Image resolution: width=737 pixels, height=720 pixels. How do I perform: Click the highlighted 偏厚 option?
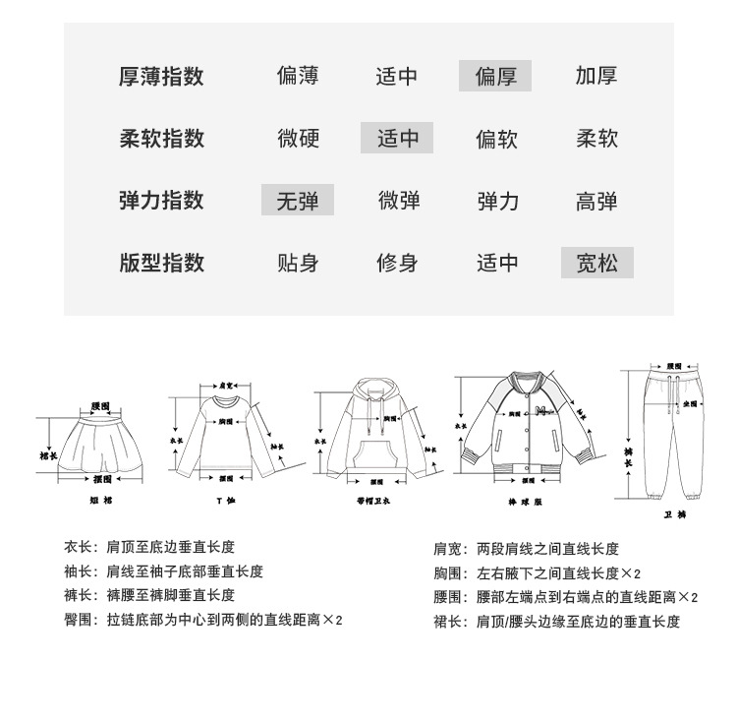coord(495,76)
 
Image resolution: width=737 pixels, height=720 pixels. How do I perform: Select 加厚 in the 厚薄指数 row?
coord(596,76)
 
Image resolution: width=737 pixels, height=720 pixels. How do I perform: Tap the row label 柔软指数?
coord(162,138)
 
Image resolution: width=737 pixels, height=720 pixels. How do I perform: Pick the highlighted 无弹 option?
coord(298,201)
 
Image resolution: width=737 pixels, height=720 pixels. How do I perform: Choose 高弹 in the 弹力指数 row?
coord(596,201)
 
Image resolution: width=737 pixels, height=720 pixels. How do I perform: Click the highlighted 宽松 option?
coord(596,263)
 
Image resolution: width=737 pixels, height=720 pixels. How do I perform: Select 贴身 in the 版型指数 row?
coord(298,263)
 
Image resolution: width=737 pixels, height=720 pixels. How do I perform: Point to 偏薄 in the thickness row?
coord(298,76)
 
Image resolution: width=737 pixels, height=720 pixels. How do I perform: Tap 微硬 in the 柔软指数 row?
coord(298,138)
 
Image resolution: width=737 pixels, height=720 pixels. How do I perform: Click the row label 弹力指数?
coord(162,201)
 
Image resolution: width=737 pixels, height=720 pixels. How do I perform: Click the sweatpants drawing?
coord(675,433)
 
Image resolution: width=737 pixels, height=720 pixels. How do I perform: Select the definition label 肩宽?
coord(448,549)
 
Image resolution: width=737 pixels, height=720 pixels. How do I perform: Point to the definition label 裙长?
coord(448,622)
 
